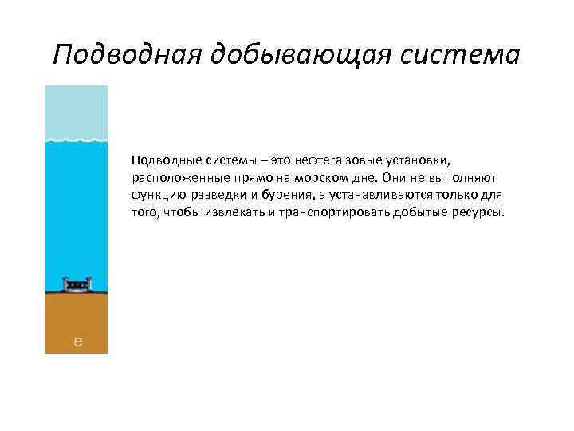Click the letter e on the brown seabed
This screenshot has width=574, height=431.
coord(77,342)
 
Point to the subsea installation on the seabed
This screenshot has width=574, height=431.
coord(77,285)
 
